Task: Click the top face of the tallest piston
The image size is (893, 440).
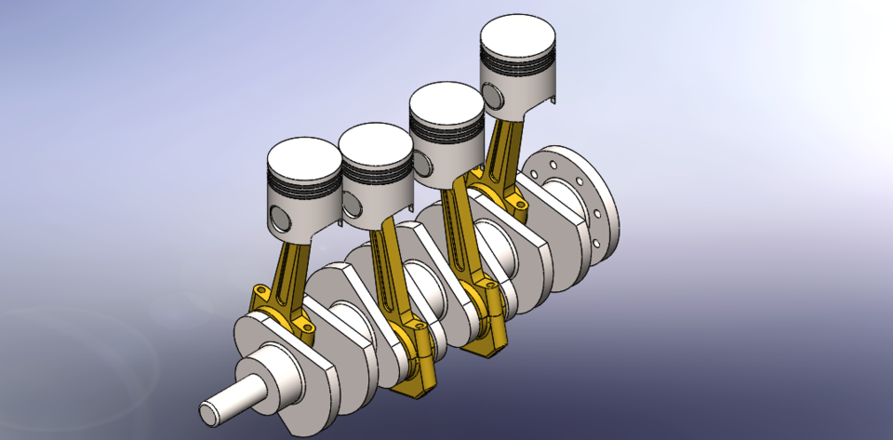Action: coord(518,39)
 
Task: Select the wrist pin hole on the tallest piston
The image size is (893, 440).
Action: coord(491,94)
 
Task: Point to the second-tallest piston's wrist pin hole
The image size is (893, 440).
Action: coord(424,163)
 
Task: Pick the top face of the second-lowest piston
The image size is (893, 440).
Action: coord(376,142)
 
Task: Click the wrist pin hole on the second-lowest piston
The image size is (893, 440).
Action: coord(352,196)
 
